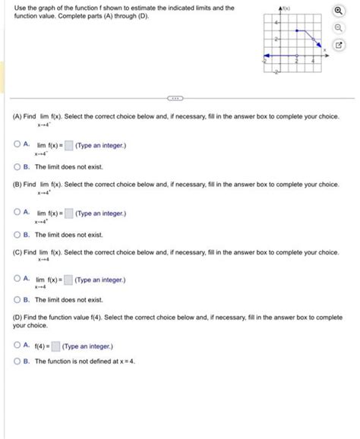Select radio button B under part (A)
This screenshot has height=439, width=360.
tap(17, 166)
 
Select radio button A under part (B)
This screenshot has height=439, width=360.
tap(17, 213)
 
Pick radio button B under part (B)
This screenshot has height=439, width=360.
tap(17, 235)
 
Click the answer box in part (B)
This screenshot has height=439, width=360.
tap(68, 213)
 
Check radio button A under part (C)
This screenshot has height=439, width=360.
tap(17, 280)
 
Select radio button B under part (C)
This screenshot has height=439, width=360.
tap(17, 300)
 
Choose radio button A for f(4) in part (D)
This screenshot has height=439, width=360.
tap(17, 346)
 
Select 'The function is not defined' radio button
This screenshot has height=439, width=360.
tap(17, 361)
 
